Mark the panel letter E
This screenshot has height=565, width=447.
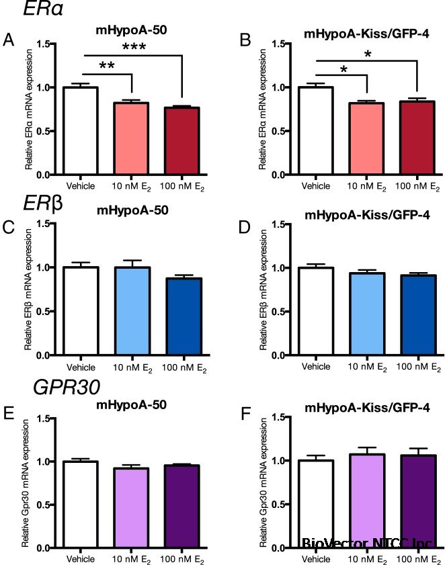click(8, 411)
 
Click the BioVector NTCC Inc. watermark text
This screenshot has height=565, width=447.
click(367, 542)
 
